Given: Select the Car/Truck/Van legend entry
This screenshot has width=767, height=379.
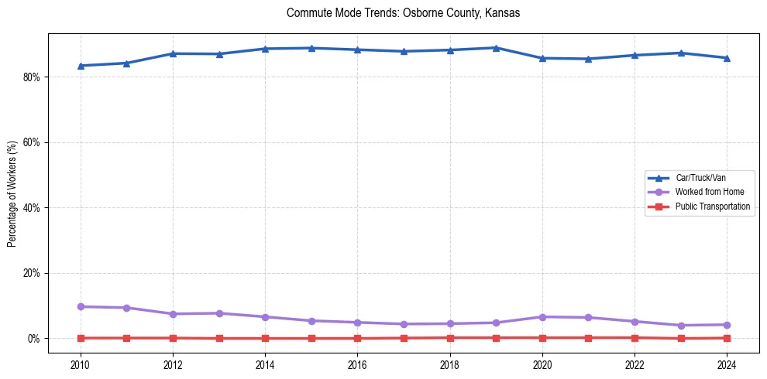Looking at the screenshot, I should pos(700,178).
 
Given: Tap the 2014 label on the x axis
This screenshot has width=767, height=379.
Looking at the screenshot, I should pos(265,364).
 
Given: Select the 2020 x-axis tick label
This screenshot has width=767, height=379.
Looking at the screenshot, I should pos(542,364).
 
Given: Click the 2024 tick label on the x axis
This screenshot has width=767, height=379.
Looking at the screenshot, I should pos(727,364).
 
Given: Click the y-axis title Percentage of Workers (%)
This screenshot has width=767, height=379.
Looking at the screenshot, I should pos(12,193).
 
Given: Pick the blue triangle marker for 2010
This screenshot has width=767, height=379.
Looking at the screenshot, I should pos(81,66).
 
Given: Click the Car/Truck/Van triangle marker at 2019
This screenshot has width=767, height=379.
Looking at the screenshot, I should pos(496,48).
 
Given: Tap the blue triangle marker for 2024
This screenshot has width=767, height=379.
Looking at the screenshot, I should pos(727,58).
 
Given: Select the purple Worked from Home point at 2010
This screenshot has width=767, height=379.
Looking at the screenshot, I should pos(81,306).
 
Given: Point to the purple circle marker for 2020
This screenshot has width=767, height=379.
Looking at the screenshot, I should pos(542,317).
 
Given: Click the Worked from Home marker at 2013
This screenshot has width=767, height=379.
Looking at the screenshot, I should pos(219,313).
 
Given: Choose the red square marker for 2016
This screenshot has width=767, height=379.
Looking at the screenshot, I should pos(357,338).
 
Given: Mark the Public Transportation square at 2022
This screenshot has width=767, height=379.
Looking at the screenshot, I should pos(635,337).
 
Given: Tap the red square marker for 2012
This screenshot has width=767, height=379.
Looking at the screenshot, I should pos(173,338).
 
